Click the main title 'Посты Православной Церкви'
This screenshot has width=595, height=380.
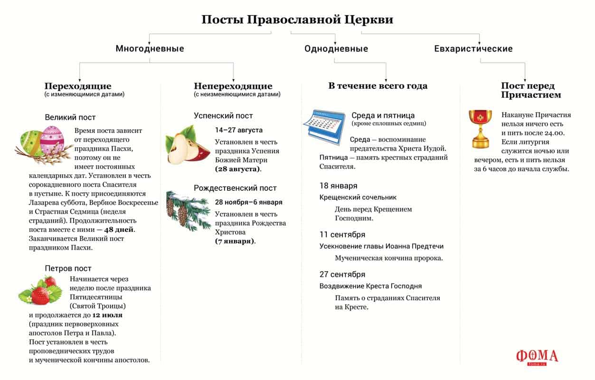[x=297, y=20]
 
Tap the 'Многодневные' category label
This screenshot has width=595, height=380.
[x=150, y=48]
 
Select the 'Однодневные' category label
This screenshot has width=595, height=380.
[x=336, y=48]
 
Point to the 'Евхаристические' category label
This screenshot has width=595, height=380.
[x=473, y=48]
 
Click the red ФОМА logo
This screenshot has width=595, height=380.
[x=537, y=357]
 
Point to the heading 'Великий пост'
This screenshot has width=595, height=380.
[x=70, y=117]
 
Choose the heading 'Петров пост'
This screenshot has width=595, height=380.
[x=68, y=268]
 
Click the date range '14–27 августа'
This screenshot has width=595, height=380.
[x=238, y=130]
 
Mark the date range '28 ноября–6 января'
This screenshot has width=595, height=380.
[x=248, y=202]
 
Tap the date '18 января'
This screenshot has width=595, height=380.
[x=338, y=186]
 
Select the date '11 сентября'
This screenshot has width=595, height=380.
[x=342, y=235]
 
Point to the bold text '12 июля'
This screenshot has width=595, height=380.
[x=107, y=315]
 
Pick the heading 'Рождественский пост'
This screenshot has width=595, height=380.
[x=235, y=188]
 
